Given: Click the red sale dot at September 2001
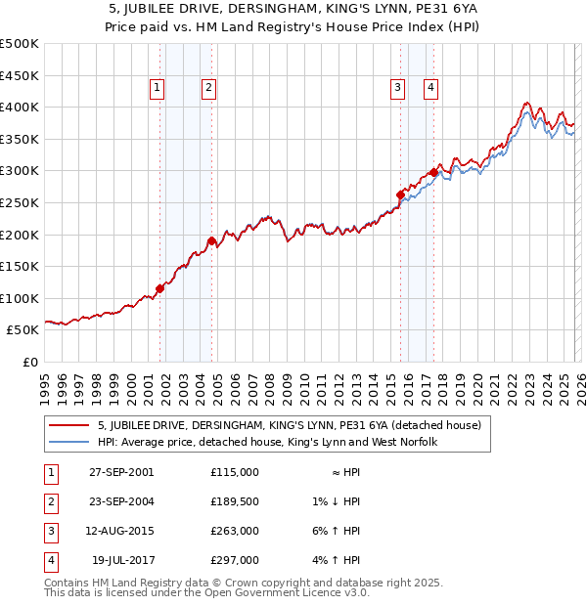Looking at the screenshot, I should point(159,288).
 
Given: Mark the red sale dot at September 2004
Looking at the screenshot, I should point(211,240).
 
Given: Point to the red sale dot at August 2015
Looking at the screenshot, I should point(400,195).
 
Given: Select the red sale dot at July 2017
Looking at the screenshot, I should point(433,173).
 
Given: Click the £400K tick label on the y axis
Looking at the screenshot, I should point(20,107).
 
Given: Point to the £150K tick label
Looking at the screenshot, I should point(20,266).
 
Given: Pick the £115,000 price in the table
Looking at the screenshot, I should point(234,472).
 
